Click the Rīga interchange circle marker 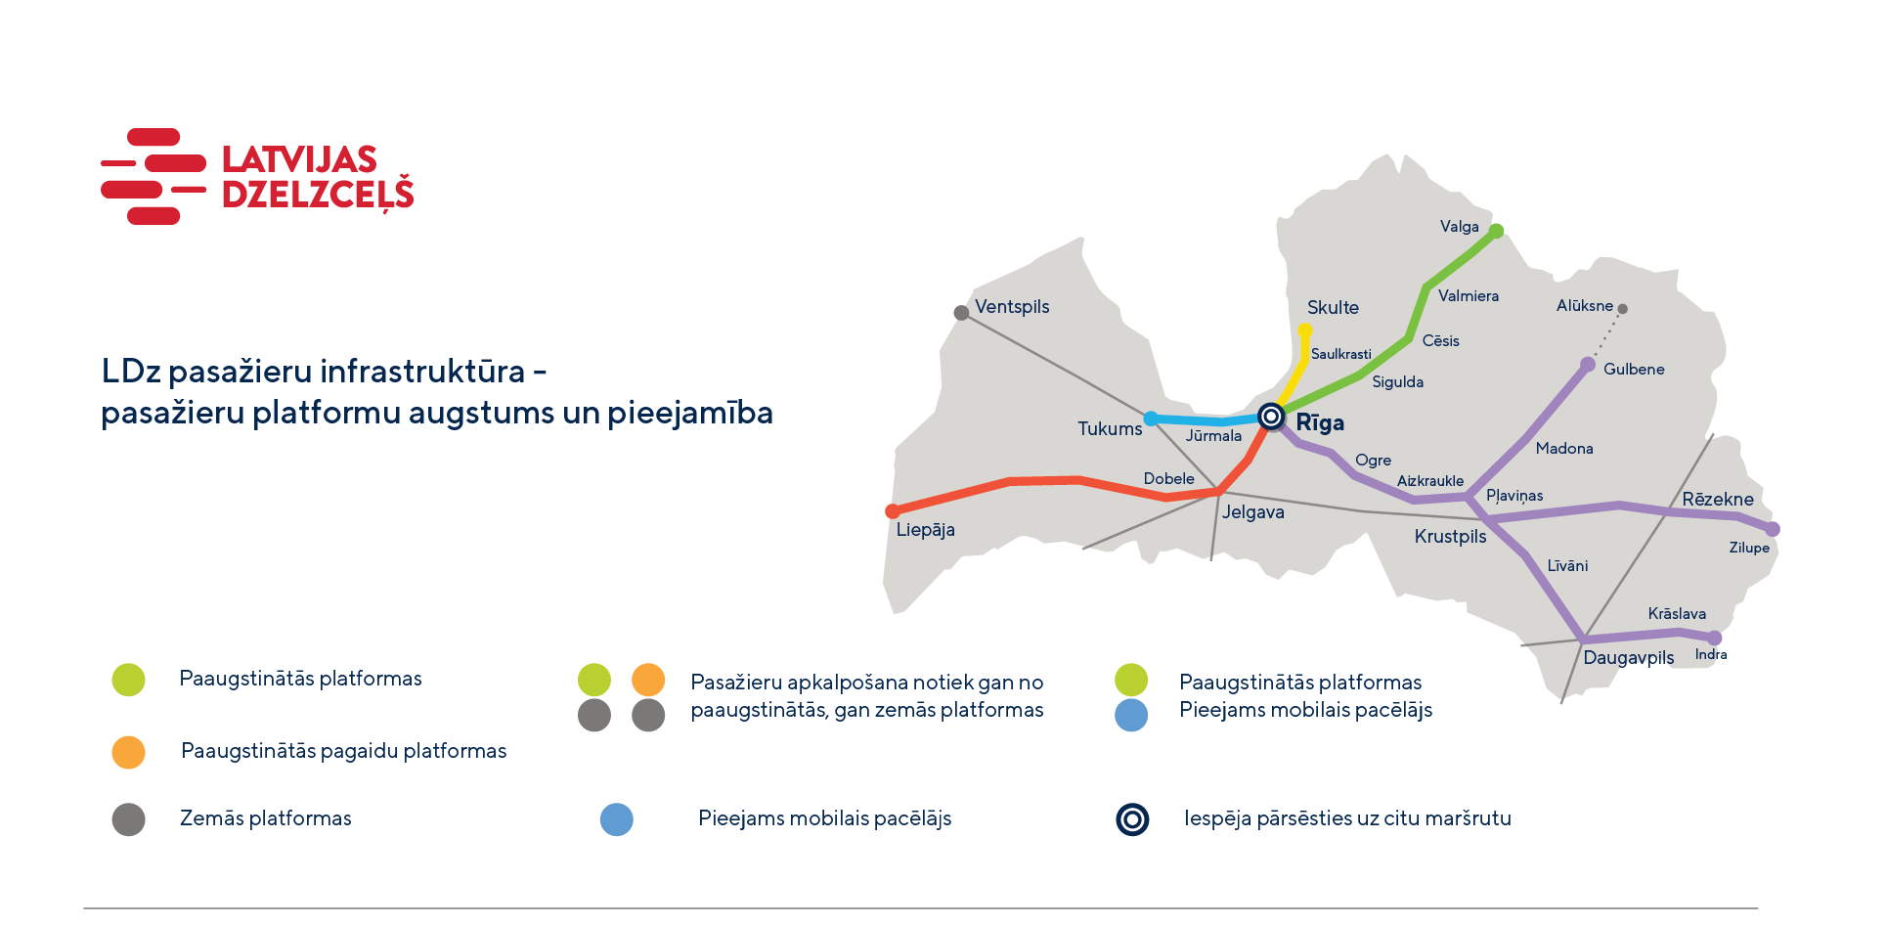pyautogui.click(x=1270, y=418)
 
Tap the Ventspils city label pyautogui.click(x=1012, y=307)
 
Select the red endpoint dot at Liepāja pyautogui.click(x=893, y=511)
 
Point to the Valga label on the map pyautogui.click(x=1459, y=227)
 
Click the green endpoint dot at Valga pyautogui.click(x=1496, y=231)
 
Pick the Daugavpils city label pyautogui.click(x=1628, y=658)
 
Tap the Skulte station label pyautogui.click(x=1333, y=308)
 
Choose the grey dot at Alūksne pyautogui.click(x=1622, y=309)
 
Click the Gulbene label pyautogui.click(x=1634, y=370)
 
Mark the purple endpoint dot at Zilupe pyautogui.click(x=1773, y=529)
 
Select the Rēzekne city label pyautogui.click(x=1718, y=500)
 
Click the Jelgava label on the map pyautogui.click(x=1253, y=512)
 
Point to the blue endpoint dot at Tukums pyautogui.click(x=1151, y=419)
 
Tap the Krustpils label pyautogui.click(x=1450, y=537)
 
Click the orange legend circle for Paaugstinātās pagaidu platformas pyautogui.click(x=128, y=752)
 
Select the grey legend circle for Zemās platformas pyautogui.click(x=128, y=819)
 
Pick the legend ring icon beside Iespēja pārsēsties pyautogui.click(x=1132, y=819)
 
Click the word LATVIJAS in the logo pyautogui.click(x=299, y=159)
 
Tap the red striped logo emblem pyautogui.click(x=154, y=176)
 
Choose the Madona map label pyautogui.click(x=1564, y=449)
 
